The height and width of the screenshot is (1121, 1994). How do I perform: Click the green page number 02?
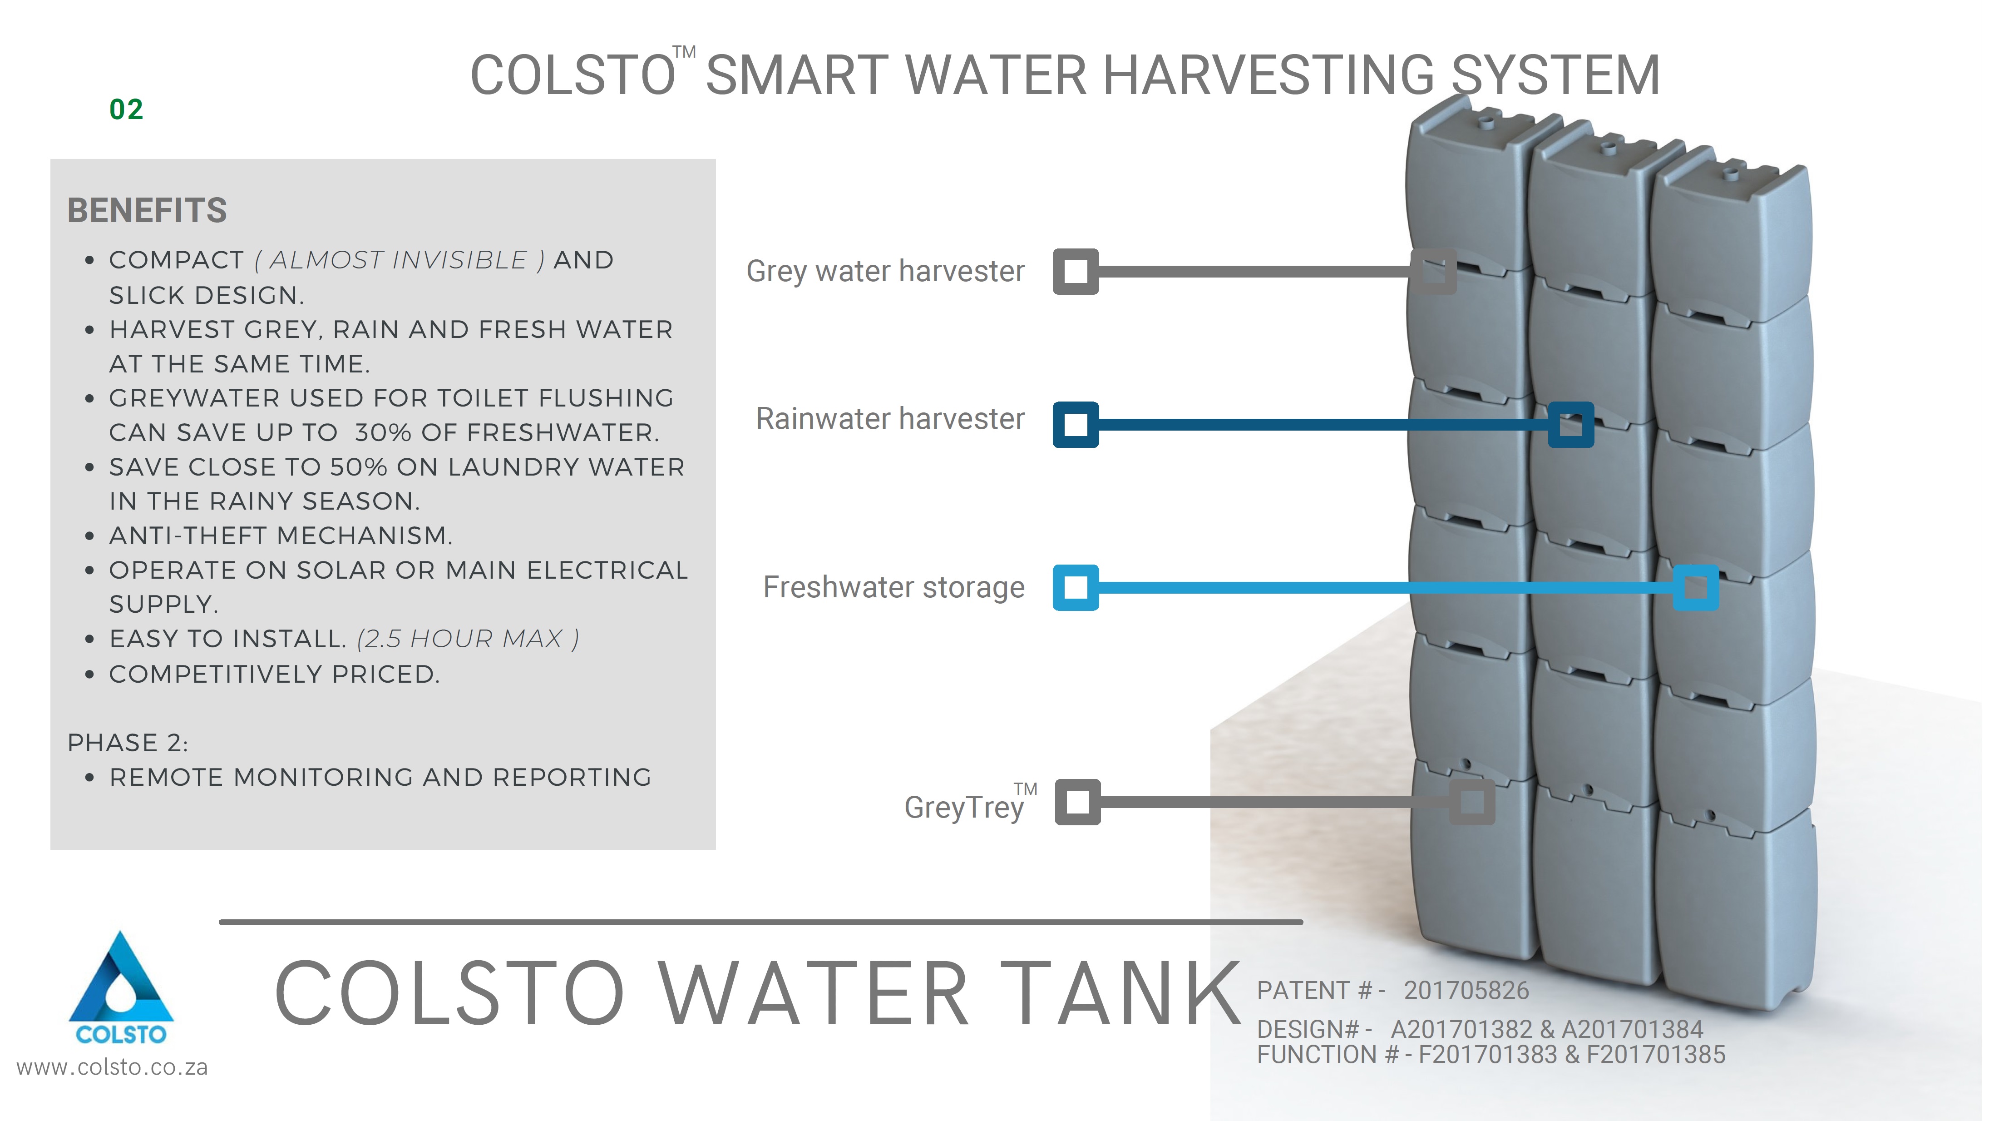126,109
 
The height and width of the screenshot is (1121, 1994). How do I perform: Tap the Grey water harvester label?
885,272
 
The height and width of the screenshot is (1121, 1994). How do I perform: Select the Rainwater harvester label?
890,419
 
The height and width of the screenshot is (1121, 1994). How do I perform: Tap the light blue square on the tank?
1696,588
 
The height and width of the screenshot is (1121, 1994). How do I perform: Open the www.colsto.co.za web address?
112,1067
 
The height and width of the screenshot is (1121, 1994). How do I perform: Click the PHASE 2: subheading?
128,743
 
